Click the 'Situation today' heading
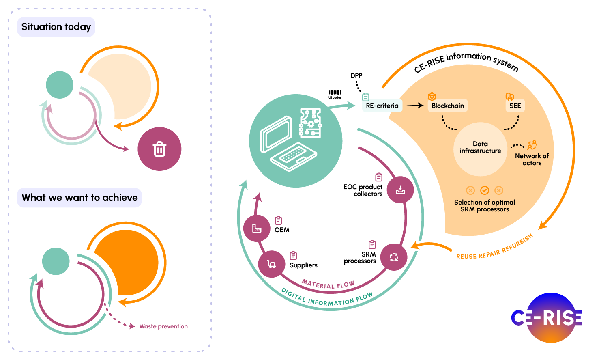pyautogui.click(x=56, y=27)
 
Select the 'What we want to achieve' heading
pyautogui.click(x=79, y=198)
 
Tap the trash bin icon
pyautogui.click(x=159, y=149)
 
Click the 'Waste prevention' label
pyautogui.click(x=163, y=326)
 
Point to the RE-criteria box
pyautogui.click(x=382, y=106)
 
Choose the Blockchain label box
pyautogui.click(x=447, y=106)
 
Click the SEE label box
pyautogui.click(x=515, y=106)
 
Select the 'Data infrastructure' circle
pyautogui.click(x=480, y=148)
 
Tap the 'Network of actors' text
pyautogui.click(x=532, y=160)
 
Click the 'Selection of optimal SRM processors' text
pyautogui.click(x=484, y=206)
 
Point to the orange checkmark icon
pyautogui.click(x=485, y=190)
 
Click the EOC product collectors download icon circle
pyautogui.click(x=400, y=190)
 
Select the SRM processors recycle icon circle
pyautogui.click(x=394, y=257)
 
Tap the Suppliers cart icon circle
pyautogui.click(x=272, y=265)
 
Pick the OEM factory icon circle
pyautogui.click(x=257, y=229)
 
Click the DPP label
pyautogui.click(x=356, y=75)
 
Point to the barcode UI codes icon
pyautogui.click(x=335, y=93)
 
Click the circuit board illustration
pyautogui.click(x=310, y=123)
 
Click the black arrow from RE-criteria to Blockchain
pyautogui.click(x=415, y=106)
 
